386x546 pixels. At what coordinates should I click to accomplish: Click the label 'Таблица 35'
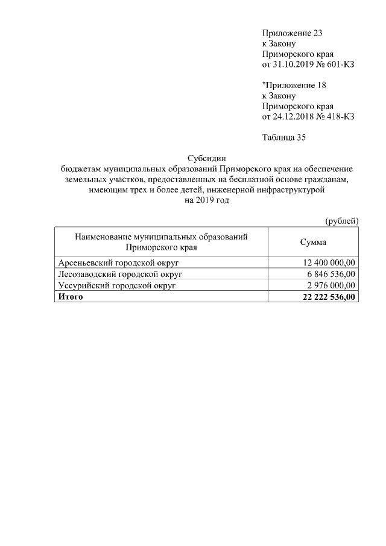pos(284,138)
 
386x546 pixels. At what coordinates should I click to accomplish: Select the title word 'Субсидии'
pos(206,159)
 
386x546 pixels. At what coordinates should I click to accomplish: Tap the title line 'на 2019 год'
pos(206,201)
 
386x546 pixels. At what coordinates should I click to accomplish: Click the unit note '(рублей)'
pos(342,221)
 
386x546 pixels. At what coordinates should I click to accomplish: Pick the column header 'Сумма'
pos(314,242)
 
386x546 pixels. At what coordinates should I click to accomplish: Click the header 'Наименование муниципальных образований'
pos(162,237)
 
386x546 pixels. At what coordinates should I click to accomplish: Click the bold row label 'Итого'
pos(70,297)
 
